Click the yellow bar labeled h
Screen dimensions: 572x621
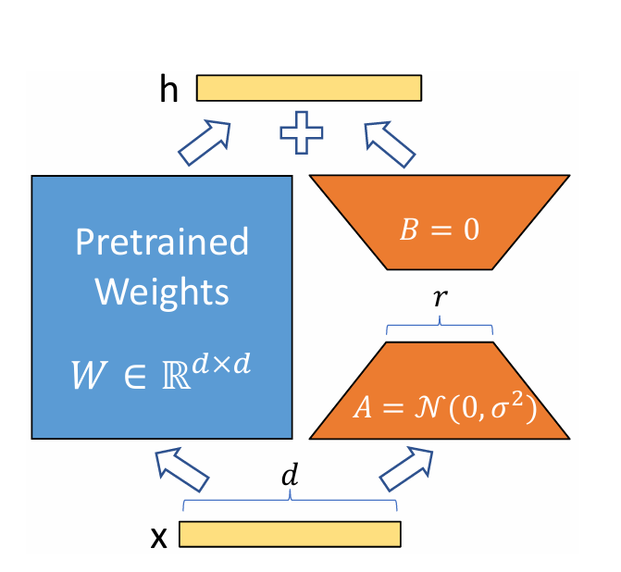(x=309, y=87)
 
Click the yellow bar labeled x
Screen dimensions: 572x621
(x=290, y=534)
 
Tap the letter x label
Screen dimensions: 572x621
(x=159, y=537)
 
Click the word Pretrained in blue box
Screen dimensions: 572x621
(x=162, y=242)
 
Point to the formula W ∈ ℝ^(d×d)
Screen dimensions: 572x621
(x=162, y=374)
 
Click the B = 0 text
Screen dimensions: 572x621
(x=440, y=230)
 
